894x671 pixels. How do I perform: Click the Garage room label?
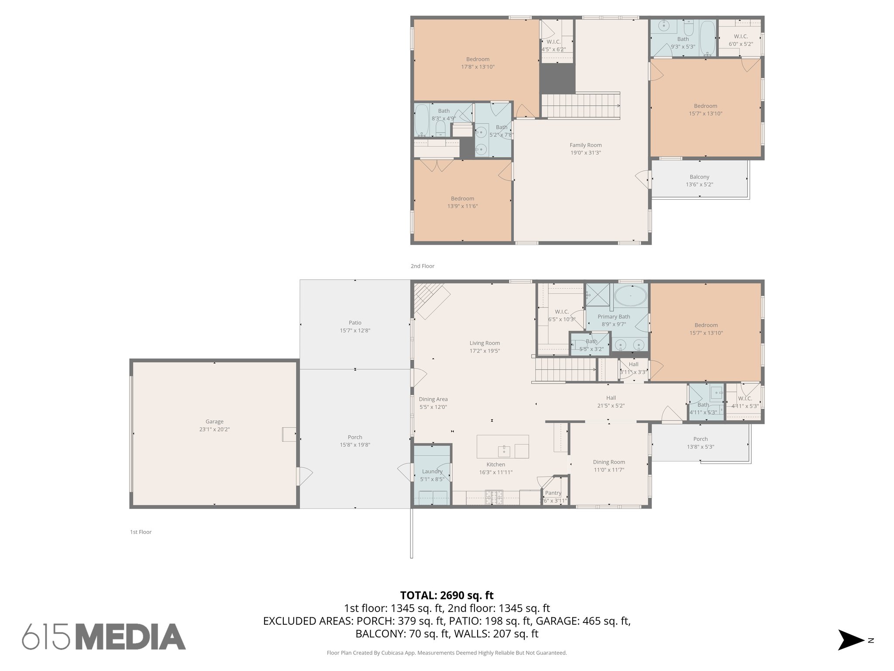214,422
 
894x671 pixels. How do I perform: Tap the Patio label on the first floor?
355,323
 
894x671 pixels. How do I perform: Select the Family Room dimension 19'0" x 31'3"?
585,153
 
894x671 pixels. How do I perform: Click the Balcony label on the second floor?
699,177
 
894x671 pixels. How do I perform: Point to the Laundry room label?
432,471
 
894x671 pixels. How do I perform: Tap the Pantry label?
553,493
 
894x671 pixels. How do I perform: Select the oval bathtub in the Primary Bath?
630,296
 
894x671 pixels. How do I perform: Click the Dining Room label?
609,462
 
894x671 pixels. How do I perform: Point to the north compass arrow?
850,640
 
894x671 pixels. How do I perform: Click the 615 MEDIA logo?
104,636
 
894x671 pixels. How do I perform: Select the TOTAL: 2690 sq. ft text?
447,595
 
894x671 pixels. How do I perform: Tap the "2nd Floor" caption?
422,266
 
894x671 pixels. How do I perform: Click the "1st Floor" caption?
141,532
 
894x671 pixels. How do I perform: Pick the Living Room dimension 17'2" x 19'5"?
485,351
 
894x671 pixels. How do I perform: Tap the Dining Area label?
433,399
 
